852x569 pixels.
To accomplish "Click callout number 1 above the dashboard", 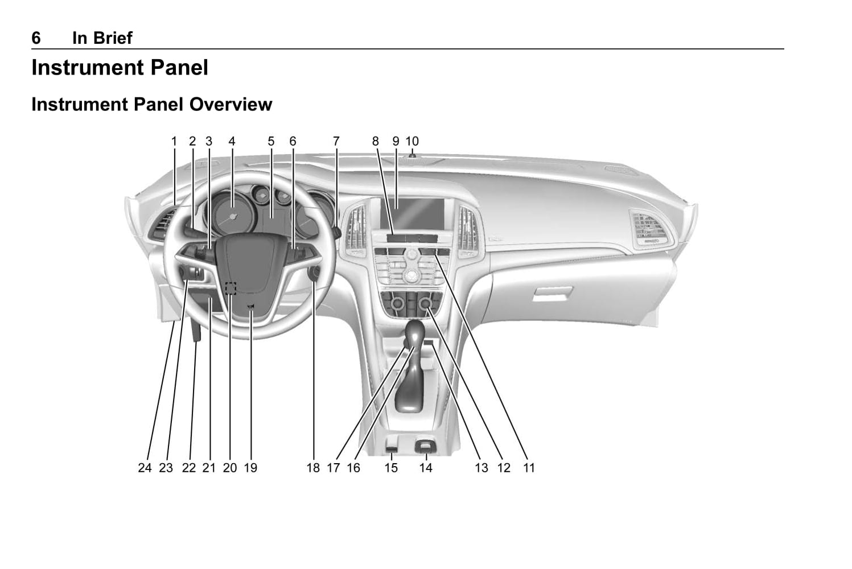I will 174,141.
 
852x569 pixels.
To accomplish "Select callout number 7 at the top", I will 336,141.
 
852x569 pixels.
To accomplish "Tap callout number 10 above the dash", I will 412,141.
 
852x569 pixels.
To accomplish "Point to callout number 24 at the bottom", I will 145,468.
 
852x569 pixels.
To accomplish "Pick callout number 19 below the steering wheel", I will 250,468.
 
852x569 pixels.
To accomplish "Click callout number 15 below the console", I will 391,468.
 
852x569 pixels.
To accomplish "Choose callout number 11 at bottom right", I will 529,468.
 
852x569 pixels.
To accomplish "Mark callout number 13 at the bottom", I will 481,468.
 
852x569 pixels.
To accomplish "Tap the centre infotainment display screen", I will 413,212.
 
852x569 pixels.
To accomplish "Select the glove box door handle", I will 553,294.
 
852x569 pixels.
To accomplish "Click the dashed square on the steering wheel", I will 230,288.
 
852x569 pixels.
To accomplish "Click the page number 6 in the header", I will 36,38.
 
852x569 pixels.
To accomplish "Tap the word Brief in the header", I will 110,38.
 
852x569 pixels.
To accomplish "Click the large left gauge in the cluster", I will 231,216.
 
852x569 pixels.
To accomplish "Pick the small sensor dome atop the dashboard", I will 411,155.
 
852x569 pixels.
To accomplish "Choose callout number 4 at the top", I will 232,141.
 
